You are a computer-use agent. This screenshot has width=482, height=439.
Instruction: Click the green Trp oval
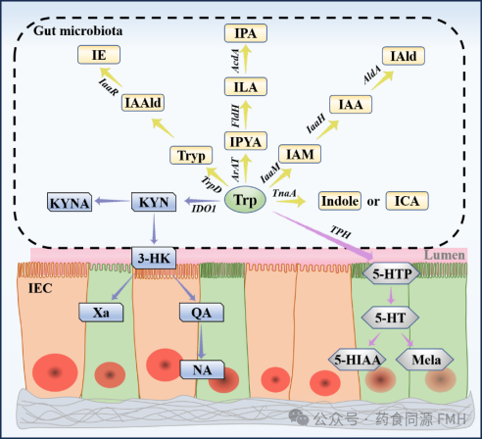click(x=245, y=200)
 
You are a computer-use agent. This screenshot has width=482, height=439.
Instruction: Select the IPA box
click(x=246, y=33)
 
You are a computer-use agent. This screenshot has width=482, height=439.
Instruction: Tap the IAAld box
click(x=143, y=103)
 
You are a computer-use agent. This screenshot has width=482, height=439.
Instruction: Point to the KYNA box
click(x=70, y=202)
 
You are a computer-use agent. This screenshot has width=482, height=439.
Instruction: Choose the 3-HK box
click(x=154, y=259)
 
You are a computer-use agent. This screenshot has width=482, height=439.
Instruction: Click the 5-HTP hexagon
click(x=392, y=273)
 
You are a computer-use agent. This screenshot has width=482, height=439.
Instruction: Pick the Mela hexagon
click(x=425, y=360)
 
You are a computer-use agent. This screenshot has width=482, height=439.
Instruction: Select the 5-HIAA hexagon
click(x=358, y=360)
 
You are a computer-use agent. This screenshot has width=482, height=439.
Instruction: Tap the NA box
click(x=202, y=369)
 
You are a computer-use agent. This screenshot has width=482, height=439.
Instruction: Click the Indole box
click(x=340, y=201)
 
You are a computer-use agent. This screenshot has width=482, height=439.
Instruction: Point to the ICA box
click(x=407, y=201)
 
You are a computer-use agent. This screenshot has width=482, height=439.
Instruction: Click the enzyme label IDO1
click(x=204, y=209)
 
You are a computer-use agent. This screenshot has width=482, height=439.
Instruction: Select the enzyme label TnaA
click(x=284, y=193)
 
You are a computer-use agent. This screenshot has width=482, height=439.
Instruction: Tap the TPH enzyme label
click(x=340, y=232)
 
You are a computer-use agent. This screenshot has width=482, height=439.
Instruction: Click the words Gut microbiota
click(x=78, y=30)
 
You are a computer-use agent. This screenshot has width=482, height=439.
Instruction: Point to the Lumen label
click(x=444, y=255)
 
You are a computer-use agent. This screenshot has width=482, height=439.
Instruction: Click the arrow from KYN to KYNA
click(x=112, y=201)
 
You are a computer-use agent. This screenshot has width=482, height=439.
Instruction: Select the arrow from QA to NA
click(x=201, y=340)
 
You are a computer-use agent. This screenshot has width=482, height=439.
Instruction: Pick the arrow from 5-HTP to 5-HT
click(x=391, y=295)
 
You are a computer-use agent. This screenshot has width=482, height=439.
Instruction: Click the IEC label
click(x=40, y=288)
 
